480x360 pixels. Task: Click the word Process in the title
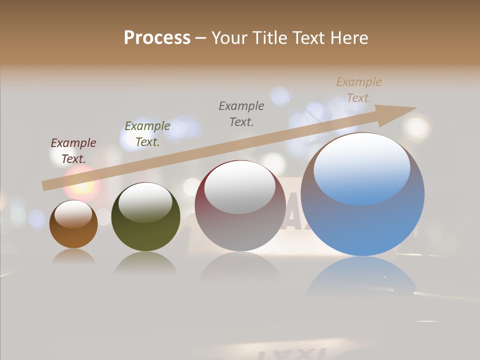(x=157, y=38)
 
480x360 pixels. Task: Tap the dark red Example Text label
(x=73, y=151)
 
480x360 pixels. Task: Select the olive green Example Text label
(x=147, y=134)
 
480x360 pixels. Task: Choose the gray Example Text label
(x=241, y=113)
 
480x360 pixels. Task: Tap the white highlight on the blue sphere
(x=362, y=167)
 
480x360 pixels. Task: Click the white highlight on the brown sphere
(x=73, y=214)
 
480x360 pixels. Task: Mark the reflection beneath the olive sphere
(x=145, y=262)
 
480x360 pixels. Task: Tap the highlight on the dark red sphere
(x=240, y=187)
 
